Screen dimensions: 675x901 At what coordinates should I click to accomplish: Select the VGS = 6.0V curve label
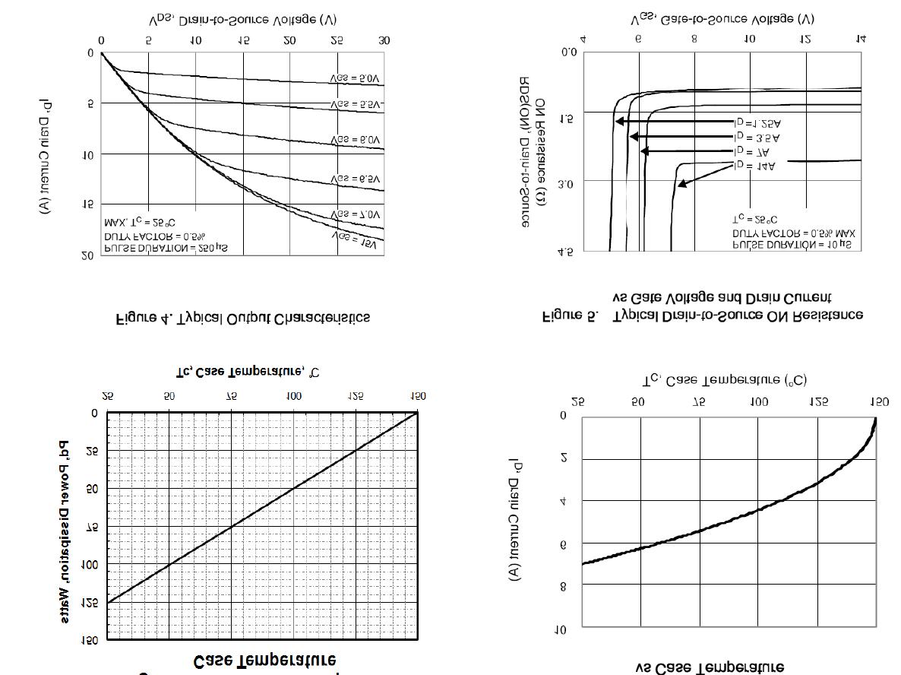click(356, 141)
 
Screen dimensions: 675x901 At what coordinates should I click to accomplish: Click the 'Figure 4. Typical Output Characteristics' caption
click(243, 318)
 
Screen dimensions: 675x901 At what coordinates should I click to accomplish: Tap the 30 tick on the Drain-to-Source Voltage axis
click(384, 41)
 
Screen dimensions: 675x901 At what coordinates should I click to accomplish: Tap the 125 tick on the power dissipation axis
click(90, 603)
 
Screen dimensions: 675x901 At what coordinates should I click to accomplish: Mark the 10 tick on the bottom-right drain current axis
click(560, 630)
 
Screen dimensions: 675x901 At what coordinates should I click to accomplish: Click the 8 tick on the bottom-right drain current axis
click(563, 586)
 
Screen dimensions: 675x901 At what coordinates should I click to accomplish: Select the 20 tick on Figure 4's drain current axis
click(88, 256)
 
